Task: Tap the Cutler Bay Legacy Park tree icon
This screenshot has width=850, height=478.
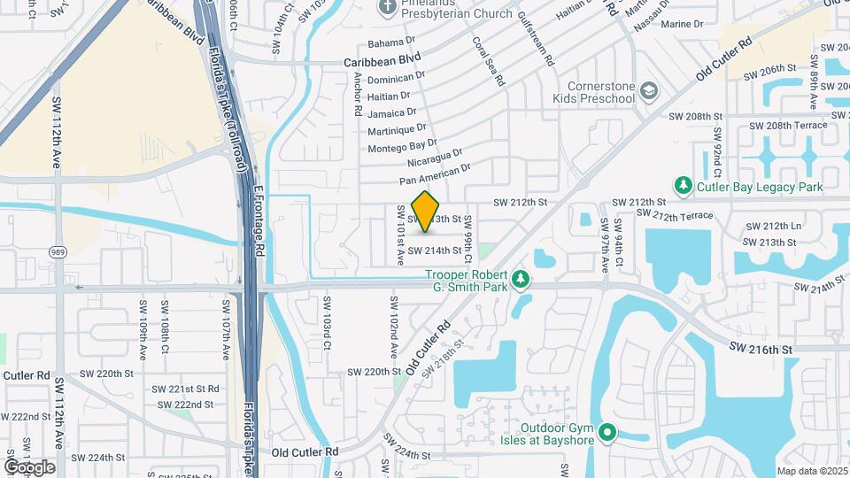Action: (x=684, y=186)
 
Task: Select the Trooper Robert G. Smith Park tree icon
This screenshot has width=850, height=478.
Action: (x=522, y=280)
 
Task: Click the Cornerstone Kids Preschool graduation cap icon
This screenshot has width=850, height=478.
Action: (x=649, y=91)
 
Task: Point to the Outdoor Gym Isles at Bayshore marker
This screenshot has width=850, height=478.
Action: (x=607, y=434)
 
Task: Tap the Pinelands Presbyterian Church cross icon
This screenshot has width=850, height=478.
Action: (x=387, y=8)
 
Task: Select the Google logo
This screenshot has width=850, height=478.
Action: (x=29, y=466)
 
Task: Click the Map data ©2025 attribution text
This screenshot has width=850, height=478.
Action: (x=812, y=470)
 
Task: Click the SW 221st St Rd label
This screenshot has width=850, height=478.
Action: (x=185, y=389)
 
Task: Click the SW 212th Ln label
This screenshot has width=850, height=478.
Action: (x=771, y=227)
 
